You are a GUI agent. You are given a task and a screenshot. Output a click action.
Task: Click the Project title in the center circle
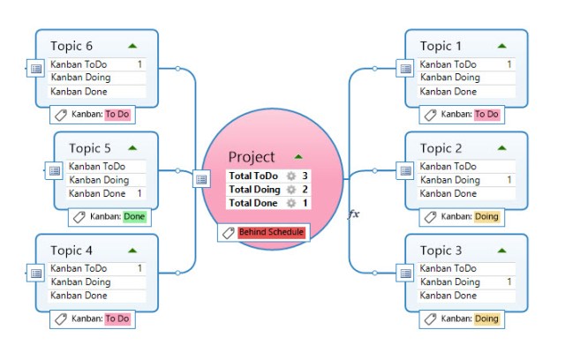252,156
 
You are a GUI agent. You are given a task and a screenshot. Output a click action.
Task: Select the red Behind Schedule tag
272,232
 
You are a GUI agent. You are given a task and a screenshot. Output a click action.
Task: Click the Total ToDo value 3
305,176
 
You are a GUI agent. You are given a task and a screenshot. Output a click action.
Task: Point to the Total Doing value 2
305,190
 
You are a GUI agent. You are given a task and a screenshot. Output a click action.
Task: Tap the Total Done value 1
305,203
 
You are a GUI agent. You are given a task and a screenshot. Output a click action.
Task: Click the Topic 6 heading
72,46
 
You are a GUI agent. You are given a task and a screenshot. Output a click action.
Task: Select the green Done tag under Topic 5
134,216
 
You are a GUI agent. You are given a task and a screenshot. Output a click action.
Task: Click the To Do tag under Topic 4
117,319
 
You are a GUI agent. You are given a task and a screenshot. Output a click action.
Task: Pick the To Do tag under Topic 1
486,114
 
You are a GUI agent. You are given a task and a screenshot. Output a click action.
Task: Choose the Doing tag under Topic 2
486,216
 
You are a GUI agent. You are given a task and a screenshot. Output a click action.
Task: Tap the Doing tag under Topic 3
486,319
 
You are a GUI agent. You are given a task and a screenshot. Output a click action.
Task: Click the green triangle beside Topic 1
501,45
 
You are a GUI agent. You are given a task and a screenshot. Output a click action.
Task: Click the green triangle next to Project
298,156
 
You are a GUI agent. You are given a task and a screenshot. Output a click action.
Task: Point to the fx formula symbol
354,214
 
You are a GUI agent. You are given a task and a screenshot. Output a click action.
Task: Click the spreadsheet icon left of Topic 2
405,171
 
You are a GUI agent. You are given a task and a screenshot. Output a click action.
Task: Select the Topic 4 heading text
72,251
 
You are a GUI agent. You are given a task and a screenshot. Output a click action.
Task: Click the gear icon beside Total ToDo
290,176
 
